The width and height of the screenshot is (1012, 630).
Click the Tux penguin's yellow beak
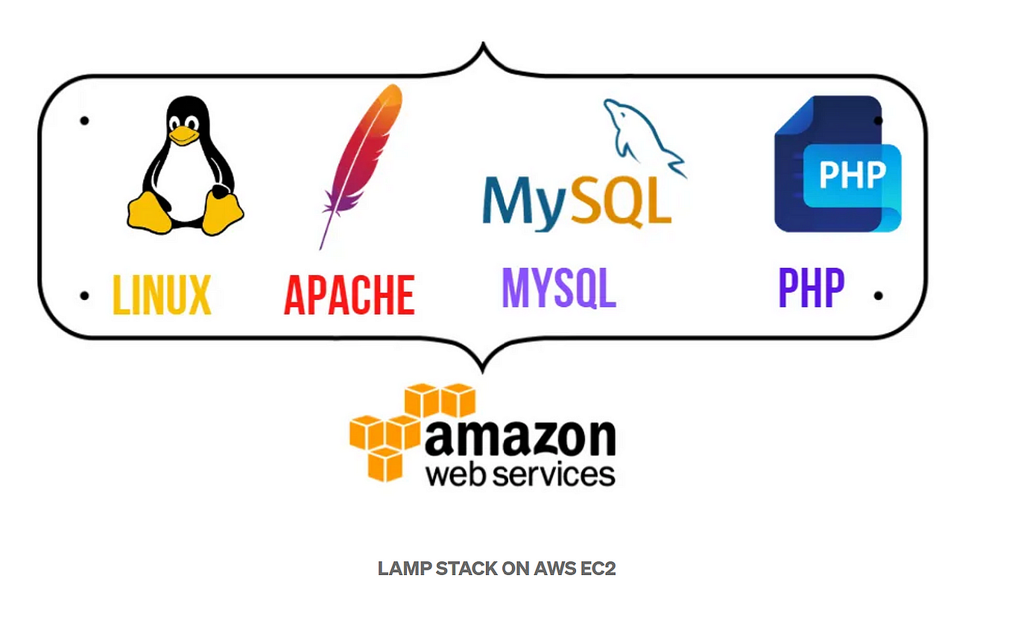click(x=183, y=136)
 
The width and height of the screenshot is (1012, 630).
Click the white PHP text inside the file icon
click(x=852, y=176)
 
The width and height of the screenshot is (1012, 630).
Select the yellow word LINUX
click(x=162, y=296)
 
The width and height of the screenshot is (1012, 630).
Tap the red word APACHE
click(x=349, y=296)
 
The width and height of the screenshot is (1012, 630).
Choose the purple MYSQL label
click(x=559, y=288)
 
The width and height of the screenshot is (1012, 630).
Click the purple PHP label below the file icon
click(x=811, y=288)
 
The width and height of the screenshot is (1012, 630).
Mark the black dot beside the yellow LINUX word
click(x=84, y=296)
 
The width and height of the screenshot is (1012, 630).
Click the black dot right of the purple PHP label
click(x=878, y=296)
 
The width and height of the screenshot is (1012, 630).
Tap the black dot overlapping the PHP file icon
click(x=879, y=120)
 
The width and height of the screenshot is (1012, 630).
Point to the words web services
click(x=519, y=474)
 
